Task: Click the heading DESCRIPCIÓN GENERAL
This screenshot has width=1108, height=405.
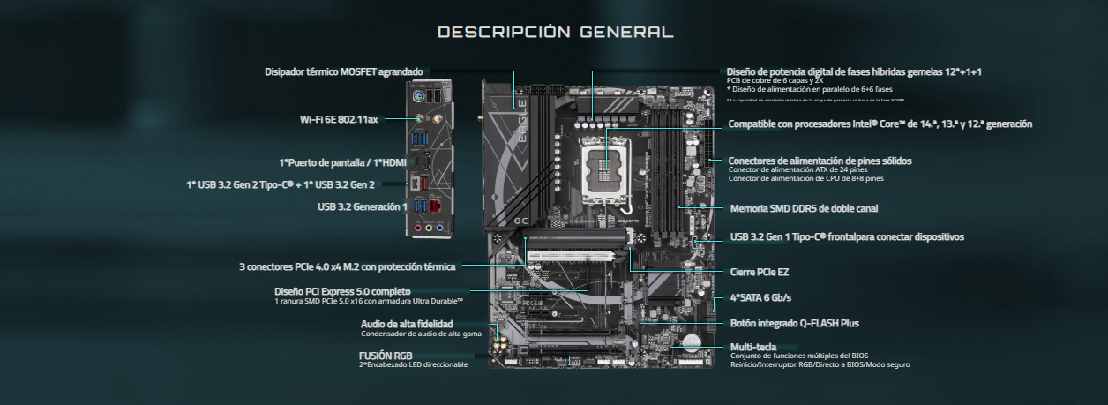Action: [556, 33]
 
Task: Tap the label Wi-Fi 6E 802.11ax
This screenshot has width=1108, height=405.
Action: [339, 119]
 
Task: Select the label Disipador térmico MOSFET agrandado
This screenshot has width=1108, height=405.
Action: [344, 71]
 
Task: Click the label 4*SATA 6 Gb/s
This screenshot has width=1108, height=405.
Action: [761, 297]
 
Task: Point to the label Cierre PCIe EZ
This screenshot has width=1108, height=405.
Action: [760, 272]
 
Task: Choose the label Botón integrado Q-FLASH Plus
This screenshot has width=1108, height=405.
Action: [795, 323]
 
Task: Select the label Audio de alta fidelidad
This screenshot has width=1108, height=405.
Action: [407, 324]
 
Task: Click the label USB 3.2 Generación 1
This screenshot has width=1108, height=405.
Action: [363, 206]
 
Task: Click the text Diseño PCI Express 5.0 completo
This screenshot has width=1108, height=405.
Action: [342, 291]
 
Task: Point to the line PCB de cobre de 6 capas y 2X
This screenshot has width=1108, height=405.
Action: [775, 80]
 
